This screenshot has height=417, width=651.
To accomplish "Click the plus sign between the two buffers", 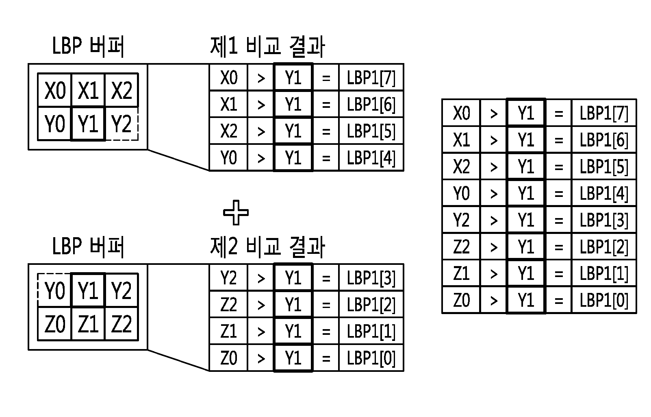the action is point(236,212).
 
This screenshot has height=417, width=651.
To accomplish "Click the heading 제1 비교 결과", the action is point(267,46).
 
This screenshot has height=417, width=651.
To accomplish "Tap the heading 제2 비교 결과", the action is point(267,247).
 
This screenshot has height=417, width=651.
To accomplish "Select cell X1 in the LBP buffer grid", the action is point(88,90).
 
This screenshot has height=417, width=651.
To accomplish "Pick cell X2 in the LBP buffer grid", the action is point(122,90).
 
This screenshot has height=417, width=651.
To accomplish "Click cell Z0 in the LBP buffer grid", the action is point(54,324).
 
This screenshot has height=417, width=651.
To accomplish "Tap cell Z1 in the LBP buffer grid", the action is point(88,324).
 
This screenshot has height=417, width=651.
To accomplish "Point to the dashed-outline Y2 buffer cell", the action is point(122,124).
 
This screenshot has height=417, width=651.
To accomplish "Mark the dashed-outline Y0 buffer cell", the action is point(54,290).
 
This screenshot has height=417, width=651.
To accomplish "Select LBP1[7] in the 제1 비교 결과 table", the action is point(371,78).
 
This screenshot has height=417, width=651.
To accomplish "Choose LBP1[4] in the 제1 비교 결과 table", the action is point(371,158).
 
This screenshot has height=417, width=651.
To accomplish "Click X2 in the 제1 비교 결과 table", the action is point(229,131).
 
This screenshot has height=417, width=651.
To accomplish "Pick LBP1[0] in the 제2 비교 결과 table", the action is point(371,358).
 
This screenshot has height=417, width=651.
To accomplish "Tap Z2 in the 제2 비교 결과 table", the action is point(229,305).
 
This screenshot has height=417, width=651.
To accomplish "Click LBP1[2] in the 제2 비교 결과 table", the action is point(371,305).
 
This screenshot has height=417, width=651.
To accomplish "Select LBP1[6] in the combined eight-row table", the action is point(604,140).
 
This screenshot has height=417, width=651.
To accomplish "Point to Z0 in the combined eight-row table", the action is point(461,300).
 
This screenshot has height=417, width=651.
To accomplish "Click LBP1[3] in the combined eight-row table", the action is point(604,220).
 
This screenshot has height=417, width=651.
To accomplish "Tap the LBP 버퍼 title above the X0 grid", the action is point(88,46).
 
